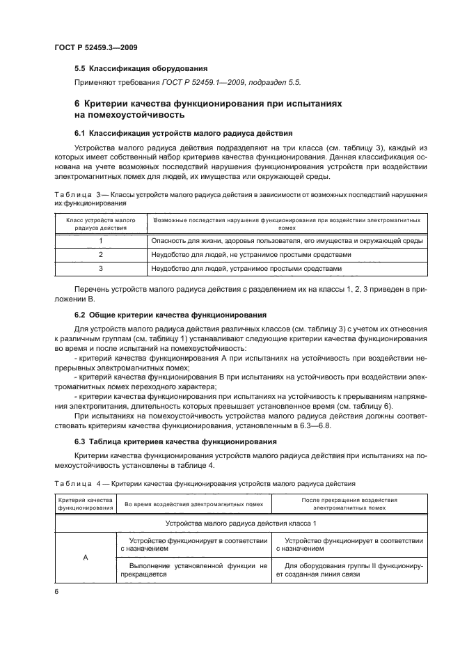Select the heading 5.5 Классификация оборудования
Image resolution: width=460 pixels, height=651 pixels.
pos(141,68)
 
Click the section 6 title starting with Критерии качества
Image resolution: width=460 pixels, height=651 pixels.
pos(208,108)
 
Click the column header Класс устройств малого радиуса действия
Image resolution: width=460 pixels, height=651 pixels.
pos(100,223)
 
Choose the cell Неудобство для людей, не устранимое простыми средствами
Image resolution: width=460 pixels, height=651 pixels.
pos(251,255)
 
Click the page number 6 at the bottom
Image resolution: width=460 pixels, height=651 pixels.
pos(56,590)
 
